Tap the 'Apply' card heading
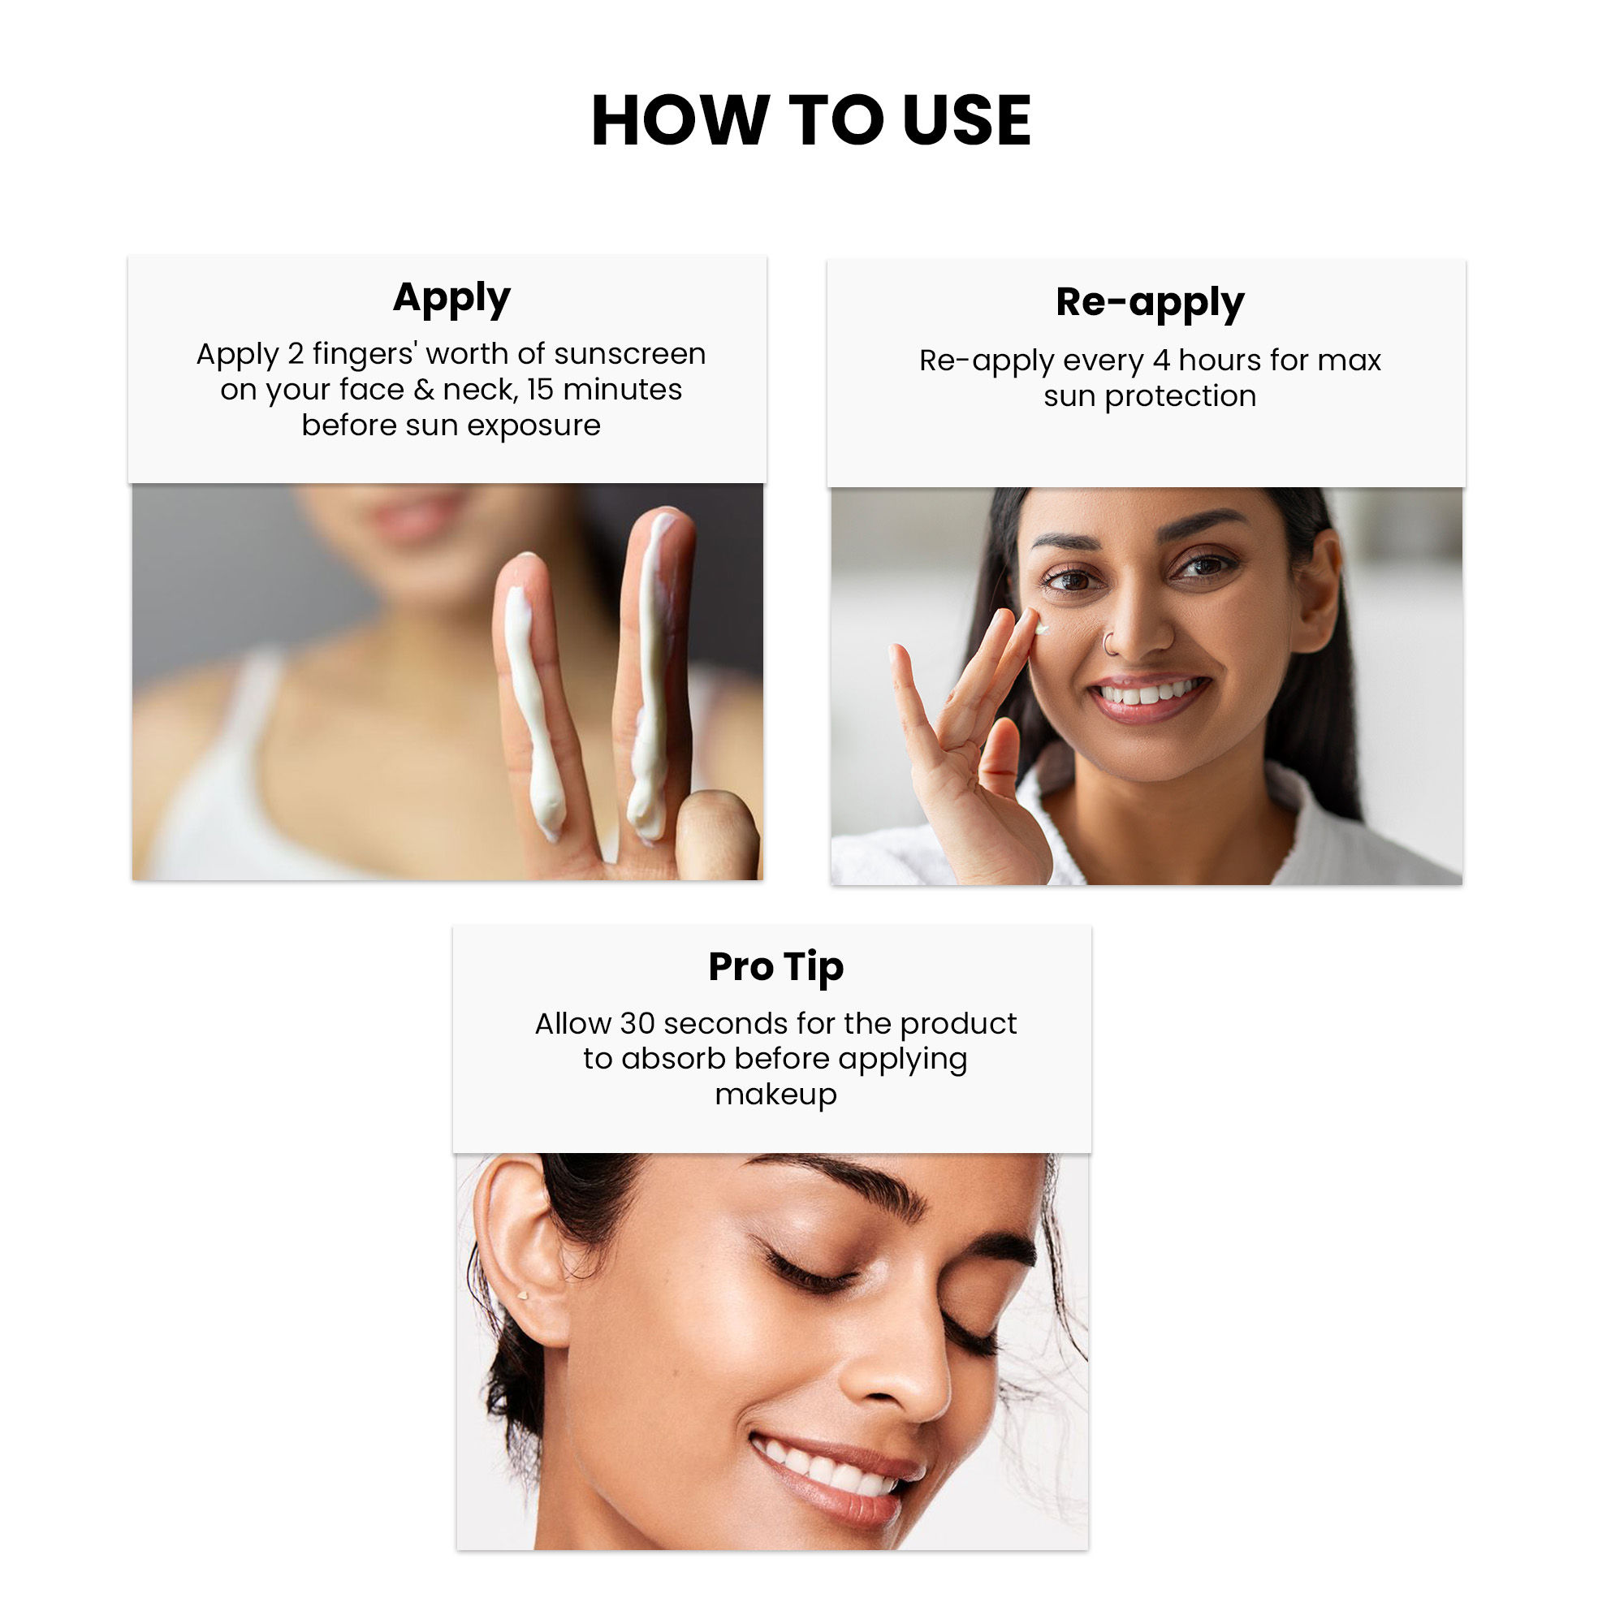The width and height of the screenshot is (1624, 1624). point(451,297)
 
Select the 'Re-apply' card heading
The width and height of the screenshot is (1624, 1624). point(1149,303)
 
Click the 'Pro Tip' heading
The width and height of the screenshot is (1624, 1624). point(775,966)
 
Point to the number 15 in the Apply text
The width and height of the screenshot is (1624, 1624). point(541,390)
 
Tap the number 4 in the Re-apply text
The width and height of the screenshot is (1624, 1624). point(1161,361)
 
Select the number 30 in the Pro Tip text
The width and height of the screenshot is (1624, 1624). point(637,1024)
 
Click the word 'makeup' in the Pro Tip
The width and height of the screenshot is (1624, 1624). point(775,1095)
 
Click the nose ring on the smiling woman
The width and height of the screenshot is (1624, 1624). point(1110,645)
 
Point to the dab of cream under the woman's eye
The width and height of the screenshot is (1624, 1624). point(1043,628)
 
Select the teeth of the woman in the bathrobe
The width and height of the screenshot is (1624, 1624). point(1148,694)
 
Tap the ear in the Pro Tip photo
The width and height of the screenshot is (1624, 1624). point(515,1244)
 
